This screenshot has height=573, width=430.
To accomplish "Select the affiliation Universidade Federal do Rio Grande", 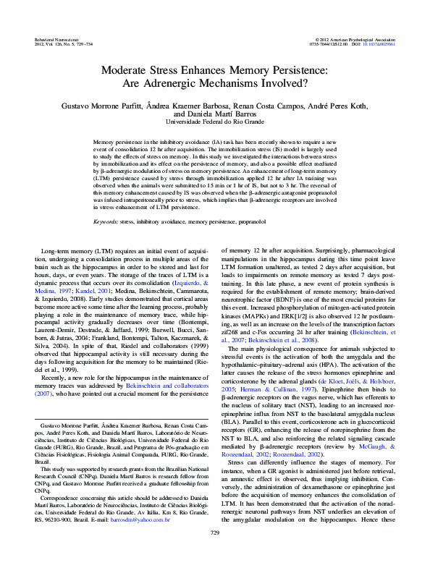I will point(215,123).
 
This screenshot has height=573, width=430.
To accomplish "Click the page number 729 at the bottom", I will point(214,554).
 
